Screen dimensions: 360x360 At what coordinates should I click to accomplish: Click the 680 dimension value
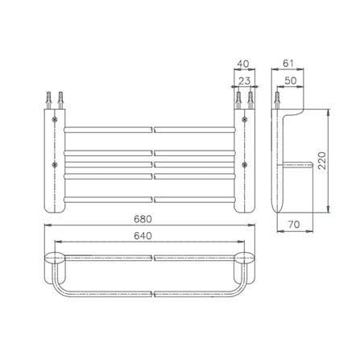[x=143, y=219]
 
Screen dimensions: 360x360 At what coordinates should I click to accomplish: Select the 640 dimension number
[x=143, y=236]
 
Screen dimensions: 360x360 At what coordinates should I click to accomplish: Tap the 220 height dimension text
[x=321, y=160]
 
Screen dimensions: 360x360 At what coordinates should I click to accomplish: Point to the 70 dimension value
[x=294, y=224]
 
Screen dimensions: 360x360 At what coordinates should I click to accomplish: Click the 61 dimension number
[x=288, y=64]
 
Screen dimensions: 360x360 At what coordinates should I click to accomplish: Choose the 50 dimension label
[x=290, y=81]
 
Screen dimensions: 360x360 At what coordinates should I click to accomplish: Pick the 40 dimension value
[x=243, y=64]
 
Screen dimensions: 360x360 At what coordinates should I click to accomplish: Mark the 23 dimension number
[x=244, y=81]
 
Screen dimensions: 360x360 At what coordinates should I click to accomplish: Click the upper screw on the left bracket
[x=55, y=119]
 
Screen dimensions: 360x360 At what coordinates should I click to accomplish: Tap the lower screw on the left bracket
[x=55, y=165]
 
